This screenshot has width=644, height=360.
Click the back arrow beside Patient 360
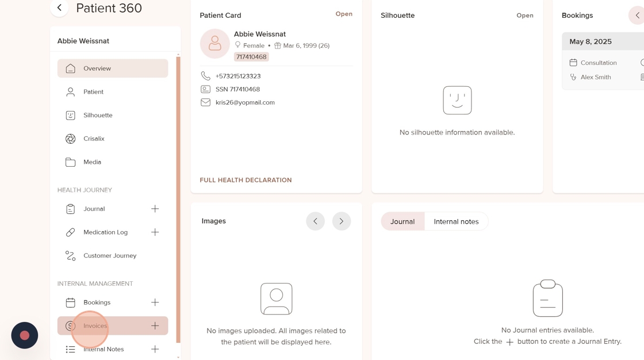click(x=60, y=7)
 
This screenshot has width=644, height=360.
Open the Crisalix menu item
click(x=94, y=139)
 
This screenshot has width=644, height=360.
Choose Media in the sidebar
click(x=92, y=162)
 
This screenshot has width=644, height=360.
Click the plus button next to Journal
click(x=155, y=209)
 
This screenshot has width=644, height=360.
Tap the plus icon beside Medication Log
click(x=155, y=232)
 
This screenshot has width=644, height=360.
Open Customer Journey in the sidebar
click(x=110, y=255)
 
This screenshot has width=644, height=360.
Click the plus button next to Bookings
click(x=155, y=302)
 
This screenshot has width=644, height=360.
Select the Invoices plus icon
click(x=155, y=326)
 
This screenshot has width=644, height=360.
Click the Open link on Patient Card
click(x=344, y=14)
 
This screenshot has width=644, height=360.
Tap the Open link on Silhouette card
click(x=525, y=15)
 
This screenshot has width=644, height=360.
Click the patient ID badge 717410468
click(x=251, y=57)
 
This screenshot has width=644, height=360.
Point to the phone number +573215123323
click(x=238, y=76)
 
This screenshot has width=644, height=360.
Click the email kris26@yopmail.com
click(x=245, y=102)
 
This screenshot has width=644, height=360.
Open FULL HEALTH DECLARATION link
click(x=246, y=180)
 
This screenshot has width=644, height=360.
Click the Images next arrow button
click(x=342, y=221)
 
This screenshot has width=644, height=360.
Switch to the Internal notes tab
click(x=457, y=221)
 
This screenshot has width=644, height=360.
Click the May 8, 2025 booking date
click(x=590, y=41)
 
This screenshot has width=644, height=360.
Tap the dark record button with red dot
click(x=25, y=335)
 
